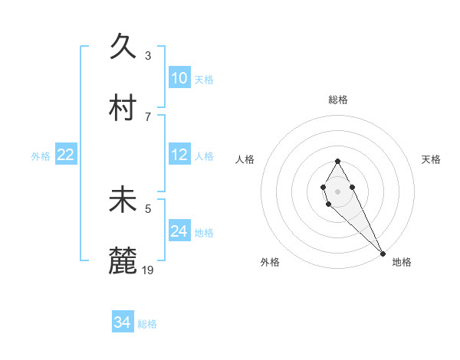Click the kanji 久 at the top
click(x=123, y=47)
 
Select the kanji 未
click(x=123, y=199)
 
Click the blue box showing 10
click(x=179, y=78)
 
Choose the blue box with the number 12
click(x=179, y=155)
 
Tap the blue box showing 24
click(x=179, y=231)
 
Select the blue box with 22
click(x=66, y=155)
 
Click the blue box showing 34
click(x=123, y=322)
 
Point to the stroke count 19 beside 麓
click(x=148, y=269)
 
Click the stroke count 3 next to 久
click(x=148, y=55)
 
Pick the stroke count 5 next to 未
click(x=148, y=208)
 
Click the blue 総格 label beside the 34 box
click(x=147, y=324)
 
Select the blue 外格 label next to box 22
click(x=41, y=156)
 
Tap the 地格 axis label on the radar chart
click(x=402, y=262)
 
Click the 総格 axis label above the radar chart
click(x=338, y=100)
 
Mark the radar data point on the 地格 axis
click(x=383, y=253)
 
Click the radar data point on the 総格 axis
click(x=337, y=161)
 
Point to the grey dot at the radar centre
click(x=337, y=190)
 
